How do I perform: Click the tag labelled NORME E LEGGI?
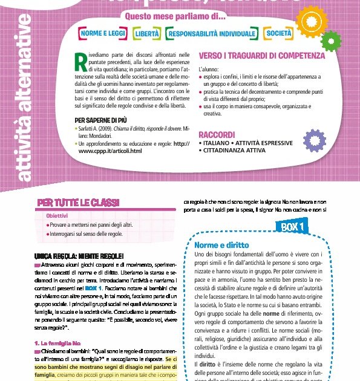pyautogui.click(x=101, y=33)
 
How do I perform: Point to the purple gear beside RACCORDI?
pyautogui.click(x=315, y=140)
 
